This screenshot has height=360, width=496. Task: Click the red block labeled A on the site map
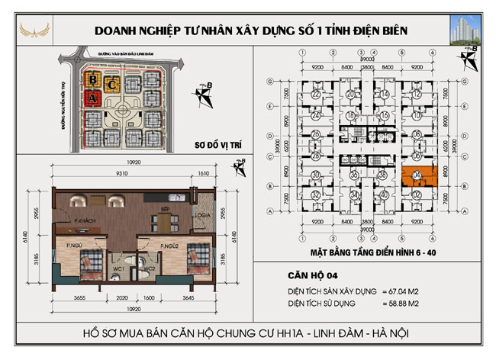coord(92,98)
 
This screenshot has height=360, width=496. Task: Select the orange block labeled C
coord(112,83)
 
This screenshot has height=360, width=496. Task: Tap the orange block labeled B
coord(92,79)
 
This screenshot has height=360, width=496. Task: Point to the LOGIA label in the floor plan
coord(201,215)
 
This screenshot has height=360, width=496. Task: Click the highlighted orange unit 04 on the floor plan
coord(417,177)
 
